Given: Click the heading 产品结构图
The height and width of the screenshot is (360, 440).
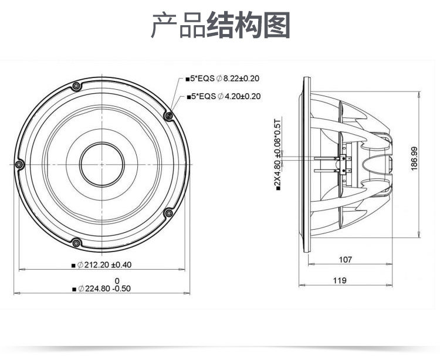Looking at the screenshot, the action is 221,25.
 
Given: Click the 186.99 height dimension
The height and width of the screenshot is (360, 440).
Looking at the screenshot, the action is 414,159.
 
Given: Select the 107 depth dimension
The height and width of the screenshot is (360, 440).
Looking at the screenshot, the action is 346,259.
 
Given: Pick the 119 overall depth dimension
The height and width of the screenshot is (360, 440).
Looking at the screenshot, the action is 340,280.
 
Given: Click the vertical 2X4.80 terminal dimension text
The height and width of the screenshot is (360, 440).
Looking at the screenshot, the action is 277,154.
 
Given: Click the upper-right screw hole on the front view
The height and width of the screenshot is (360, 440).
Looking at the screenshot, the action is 168,116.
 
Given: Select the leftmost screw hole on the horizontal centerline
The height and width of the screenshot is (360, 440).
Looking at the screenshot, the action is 19,164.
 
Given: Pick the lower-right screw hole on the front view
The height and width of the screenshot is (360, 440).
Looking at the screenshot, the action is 168,213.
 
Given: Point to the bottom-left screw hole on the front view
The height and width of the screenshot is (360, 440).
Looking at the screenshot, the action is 76,243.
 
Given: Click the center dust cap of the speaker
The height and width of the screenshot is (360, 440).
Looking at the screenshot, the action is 102,165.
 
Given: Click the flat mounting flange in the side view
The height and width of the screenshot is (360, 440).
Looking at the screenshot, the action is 307,164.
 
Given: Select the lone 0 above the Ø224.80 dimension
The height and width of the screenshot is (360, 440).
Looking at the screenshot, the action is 117,281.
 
